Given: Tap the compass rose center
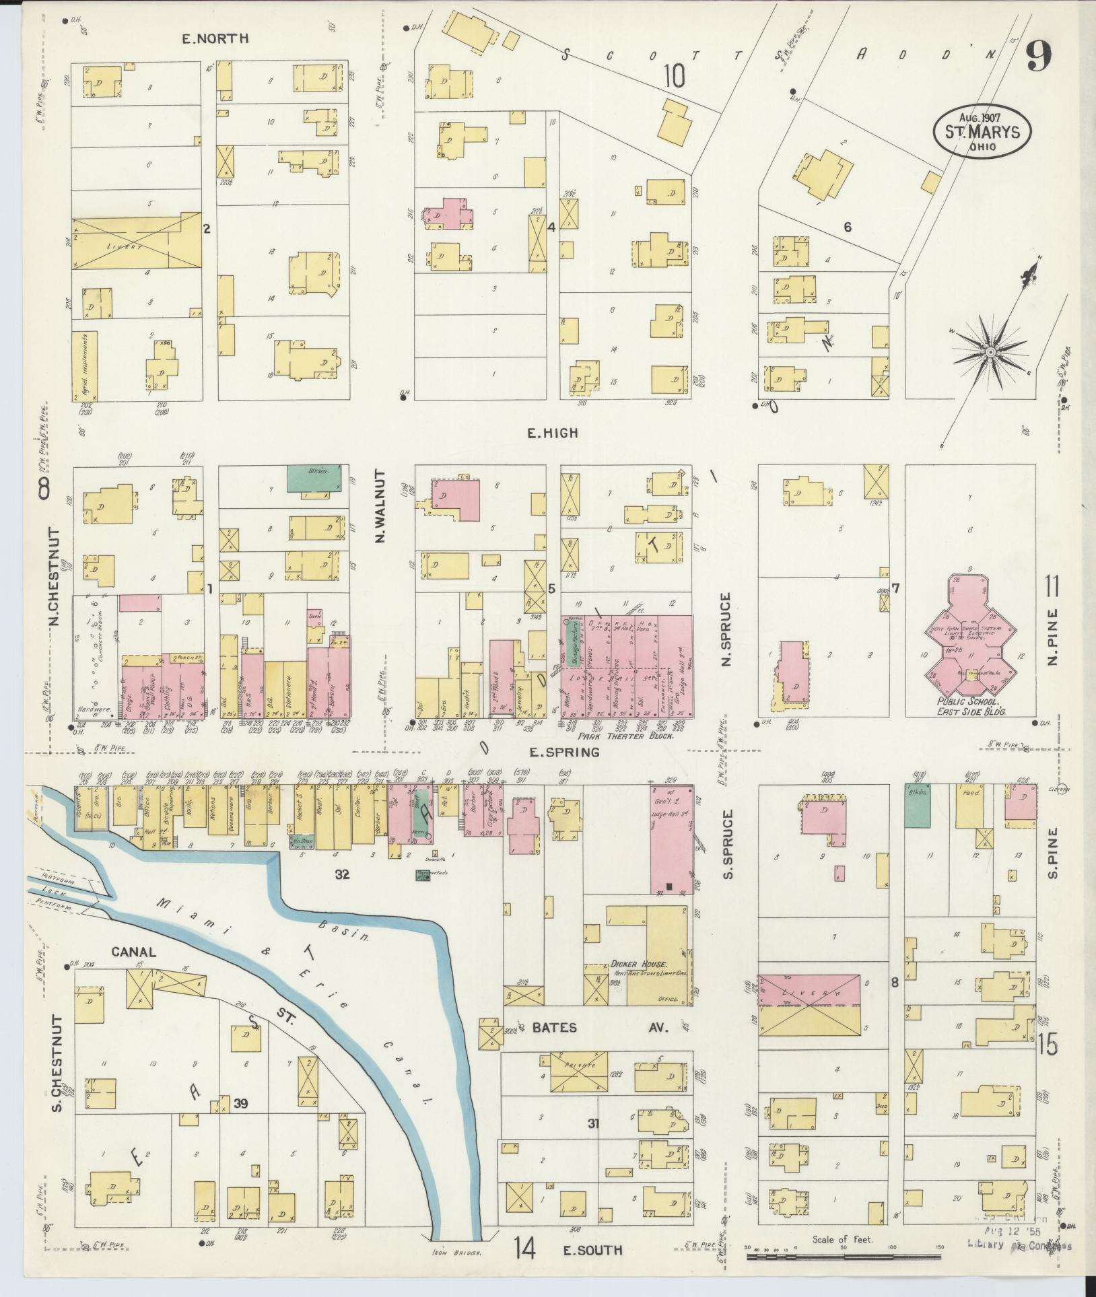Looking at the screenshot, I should (990, 353).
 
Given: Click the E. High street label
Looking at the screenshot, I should (551, 433).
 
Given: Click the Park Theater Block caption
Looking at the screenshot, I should (625, 736).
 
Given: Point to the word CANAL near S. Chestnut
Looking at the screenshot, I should (133, 952).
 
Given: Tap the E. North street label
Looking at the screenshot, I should (215, 38).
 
